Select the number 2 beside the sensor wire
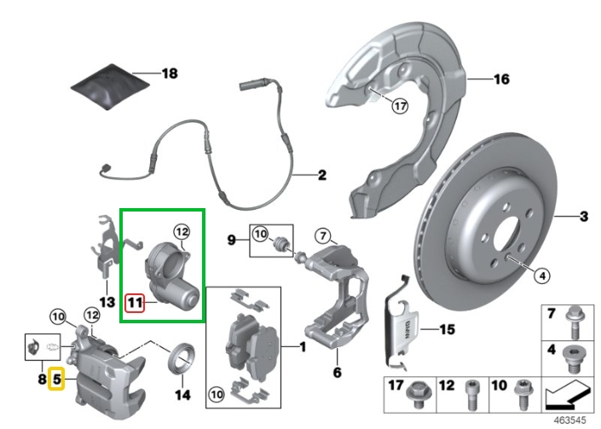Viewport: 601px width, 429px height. tap(321, 177)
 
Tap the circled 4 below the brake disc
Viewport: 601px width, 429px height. tap(542, 275)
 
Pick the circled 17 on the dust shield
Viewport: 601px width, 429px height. tap(400, 106)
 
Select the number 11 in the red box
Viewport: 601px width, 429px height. tap(134, 301)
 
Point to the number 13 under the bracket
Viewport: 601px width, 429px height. tap(106, 302)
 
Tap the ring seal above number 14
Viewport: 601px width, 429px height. tap(182, 357)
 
